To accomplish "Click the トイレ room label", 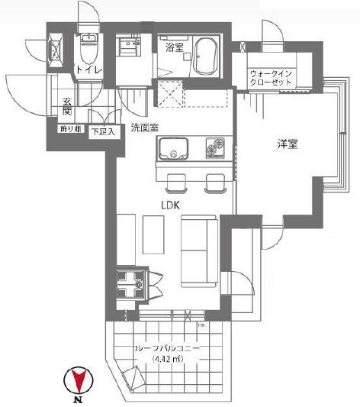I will click(85, 71).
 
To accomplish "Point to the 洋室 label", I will click(286, 143).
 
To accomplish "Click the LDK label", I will click(172, 205).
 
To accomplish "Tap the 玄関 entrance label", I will click(67, 107).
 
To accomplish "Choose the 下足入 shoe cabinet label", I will click(104, 131).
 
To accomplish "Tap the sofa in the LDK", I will click(198, 249).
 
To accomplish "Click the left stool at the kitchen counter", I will click(176, 183).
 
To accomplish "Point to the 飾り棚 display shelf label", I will click(69, 128).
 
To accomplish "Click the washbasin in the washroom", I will click(126, 47).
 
